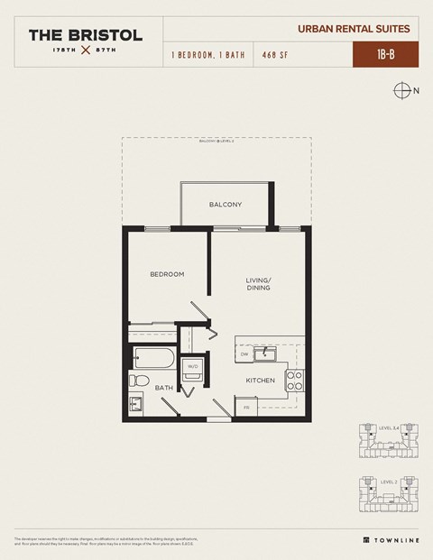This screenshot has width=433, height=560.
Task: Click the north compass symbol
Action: point(401,90)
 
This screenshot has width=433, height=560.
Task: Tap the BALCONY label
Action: point(225,205)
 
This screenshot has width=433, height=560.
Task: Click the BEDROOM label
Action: point(167,274)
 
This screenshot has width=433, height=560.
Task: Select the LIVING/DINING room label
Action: point(258,285)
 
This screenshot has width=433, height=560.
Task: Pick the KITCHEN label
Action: point(260,381)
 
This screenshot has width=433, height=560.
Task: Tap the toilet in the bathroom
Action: point(138,379)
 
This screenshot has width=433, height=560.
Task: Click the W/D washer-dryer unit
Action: point(192,366)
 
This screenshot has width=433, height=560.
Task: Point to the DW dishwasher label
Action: point(244,355)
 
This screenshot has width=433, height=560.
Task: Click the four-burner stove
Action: point(293,380)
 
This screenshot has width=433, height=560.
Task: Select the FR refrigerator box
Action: point(246,408)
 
